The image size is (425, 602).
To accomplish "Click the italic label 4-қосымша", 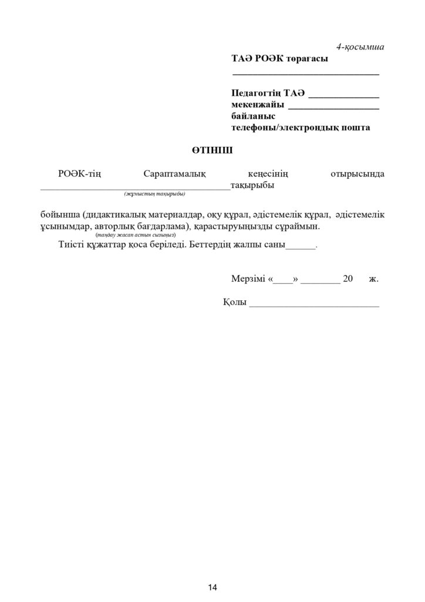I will click(x=360, y=46).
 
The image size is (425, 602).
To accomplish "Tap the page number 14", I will click(x=212, y=587).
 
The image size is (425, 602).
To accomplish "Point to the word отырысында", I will click(x=357, y=174).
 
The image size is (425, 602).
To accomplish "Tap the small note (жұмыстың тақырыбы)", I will click(x=154, y=194).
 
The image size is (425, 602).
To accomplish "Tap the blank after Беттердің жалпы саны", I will click(x=300, y=248).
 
